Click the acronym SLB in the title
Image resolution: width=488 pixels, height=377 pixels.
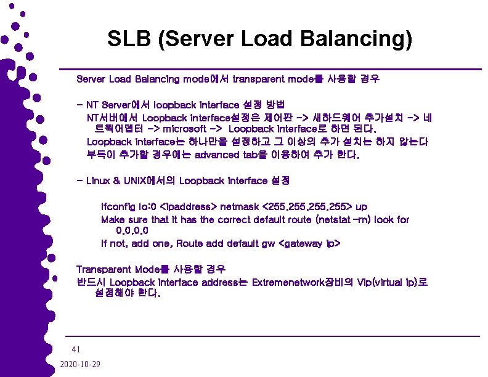128,40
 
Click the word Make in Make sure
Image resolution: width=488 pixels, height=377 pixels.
113,219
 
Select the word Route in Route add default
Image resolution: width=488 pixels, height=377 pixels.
189,243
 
